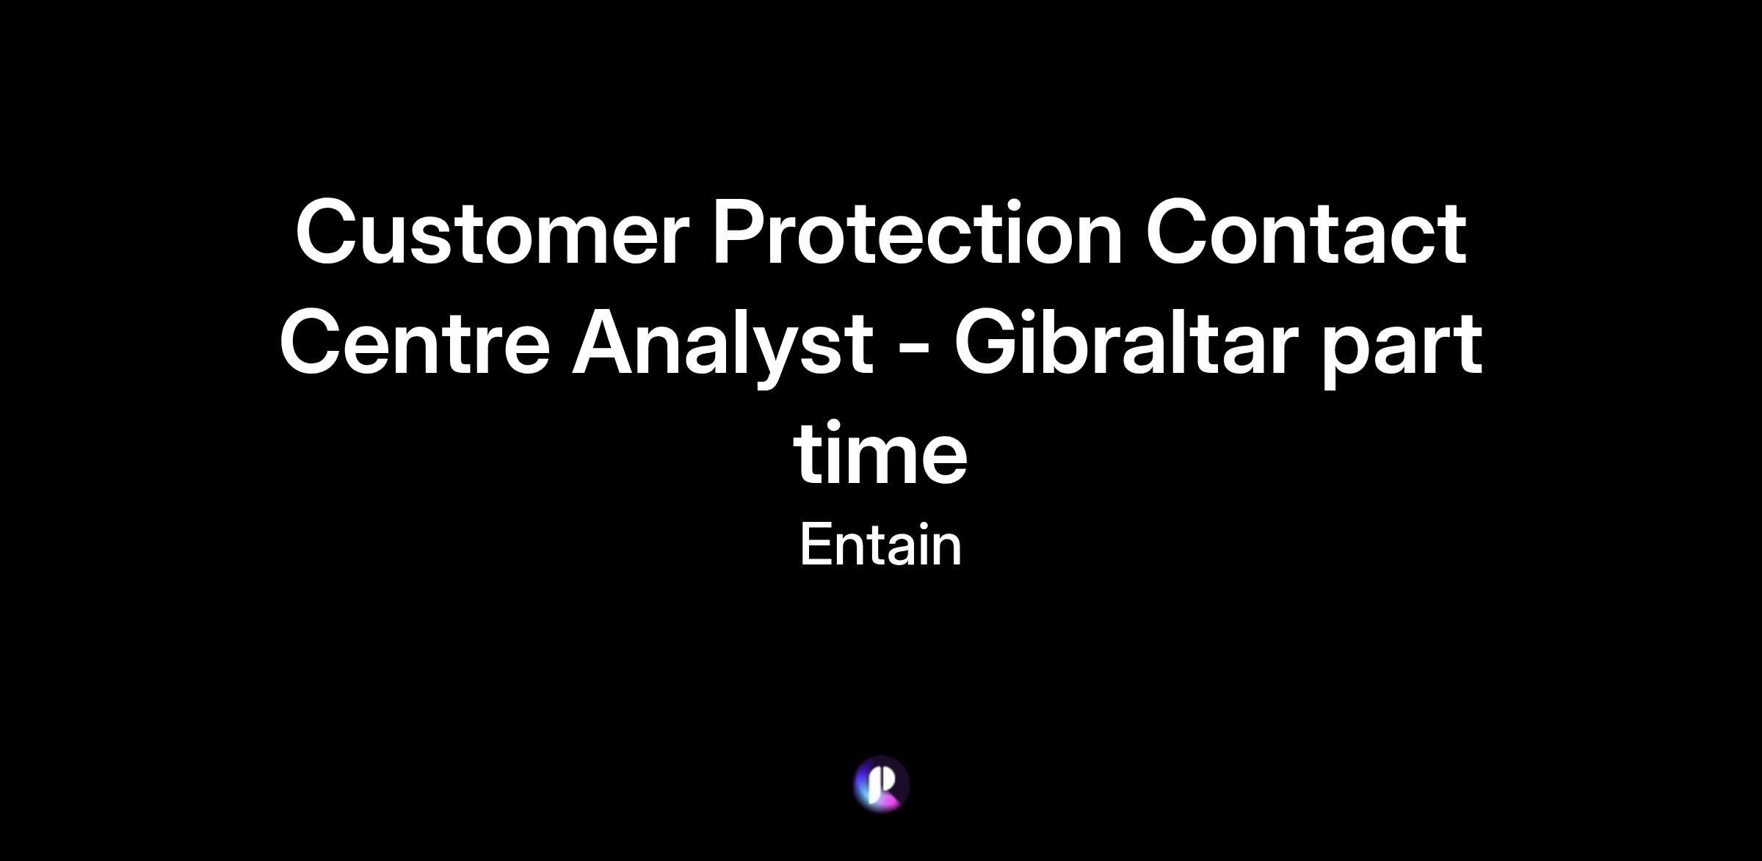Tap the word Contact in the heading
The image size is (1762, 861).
(x=1306, y=232)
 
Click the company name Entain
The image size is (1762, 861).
(x=881, y=545)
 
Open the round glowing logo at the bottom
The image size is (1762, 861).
(x=881, y=784)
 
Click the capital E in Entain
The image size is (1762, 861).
(x=817, y=545)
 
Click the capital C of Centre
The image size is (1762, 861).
(x=313, y=343)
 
